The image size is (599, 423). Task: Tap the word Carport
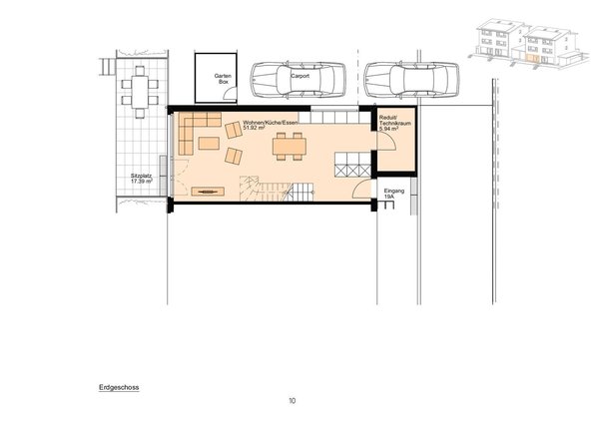(300, 75)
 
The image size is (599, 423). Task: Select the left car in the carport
(294, 80)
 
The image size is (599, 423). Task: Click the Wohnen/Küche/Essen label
(271, 123)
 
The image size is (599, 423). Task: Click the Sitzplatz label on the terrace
(141, 176)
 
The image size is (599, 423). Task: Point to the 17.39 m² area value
(141, 183)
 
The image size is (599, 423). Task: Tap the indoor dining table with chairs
(290, 147)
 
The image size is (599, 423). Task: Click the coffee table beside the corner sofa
(209, 143)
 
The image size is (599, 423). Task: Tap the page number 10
(292, 401)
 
